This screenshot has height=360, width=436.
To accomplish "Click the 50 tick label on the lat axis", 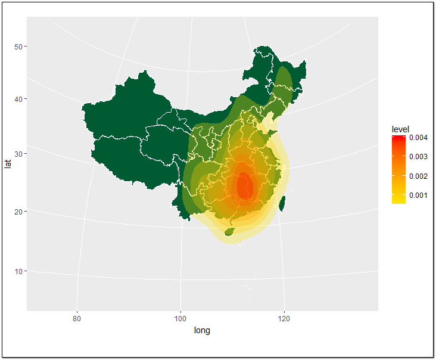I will (18, 46).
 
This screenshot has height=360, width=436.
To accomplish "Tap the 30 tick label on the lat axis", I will (18, 154).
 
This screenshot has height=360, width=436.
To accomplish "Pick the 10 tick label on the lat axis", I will (18, 271).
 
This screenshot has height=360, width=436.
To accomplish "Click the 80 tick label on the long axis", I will (77, 318).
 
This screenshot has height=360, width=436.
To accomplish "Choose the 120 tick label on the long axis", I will (285, 318).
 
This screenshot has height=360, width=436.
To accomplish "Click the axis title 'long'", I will (203, 330).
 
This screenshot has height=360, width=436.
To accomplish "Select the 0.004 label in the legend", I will (418, 138).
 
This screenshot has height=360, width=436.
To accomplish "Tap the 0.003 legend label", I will (418, 157).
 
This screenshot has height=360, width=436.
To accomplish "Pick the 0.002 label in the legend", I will (418, 176).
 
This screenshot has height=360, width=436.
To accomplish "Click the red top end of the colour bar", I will (399, 138).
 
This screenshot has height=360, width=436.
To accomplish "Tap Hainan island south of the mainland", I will (228, 230).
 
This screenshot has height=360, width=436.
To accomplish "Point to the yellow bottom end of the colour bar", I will (399, 201).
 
